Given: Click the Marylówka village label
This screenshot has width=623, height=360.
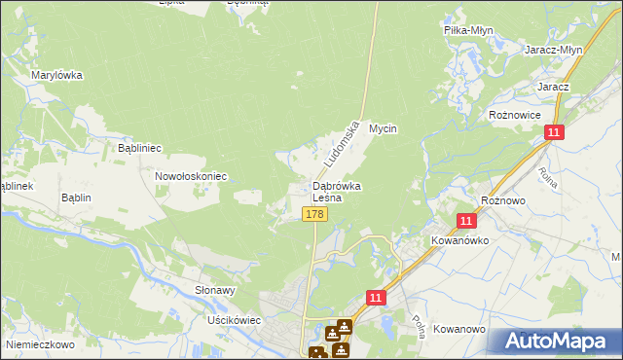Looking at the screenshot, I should [56, 75].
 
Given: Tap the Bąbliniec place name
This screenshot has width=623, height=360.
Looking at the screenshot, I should [139, 148].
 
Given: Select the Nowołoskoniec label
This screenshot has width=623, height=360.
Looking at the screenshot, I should [191, 177].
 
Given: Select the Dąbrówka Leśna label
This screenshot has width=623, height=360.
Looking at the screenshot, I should [337, 192].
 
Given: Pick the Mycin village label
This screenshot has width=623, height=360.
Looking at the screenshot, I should [385, 128].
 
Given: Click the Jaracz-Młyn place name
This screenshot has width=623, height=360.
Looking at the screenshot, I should [553, 51].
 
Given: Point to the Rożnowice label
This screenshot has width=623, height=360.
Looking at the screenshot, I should [514, 115].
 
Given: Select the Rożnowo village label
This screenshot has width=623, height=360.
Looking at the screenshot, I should [503, 199].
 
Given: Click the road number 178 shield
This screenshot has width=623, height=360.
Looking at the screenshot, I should [313, 214].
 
